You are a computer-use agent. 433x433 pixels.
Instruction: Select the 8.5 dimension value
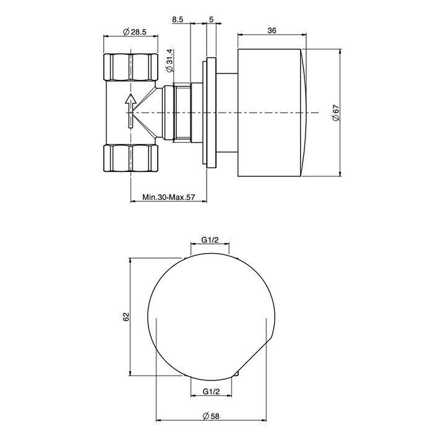point(178,20)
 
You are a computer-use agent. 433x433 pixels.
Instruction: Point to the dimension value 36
point(272,32)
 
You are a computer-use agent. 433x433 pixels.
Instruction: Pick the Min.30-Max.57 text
point(168,198)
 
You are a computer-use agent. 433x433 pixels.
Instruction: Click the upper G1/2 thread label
point(212,241)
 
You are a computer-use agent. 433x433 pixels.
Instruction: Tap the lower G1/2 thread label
point(212,392)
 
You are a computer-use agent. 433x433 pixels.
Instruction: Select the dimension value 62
point(126,317)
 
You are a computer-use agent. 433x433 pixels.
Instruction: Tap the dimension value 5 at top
point(212,20)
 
